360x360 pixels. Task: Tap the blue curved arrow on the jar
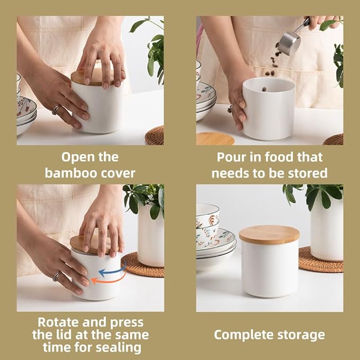[x=115, y=271]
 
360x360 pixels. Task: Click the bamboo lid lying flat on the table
[x=215, y=138]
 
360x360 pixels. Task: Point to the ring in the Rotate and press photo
[x=57, y=276]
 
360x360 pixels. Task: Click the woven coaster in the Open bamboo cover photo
[x=155, y=136]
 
